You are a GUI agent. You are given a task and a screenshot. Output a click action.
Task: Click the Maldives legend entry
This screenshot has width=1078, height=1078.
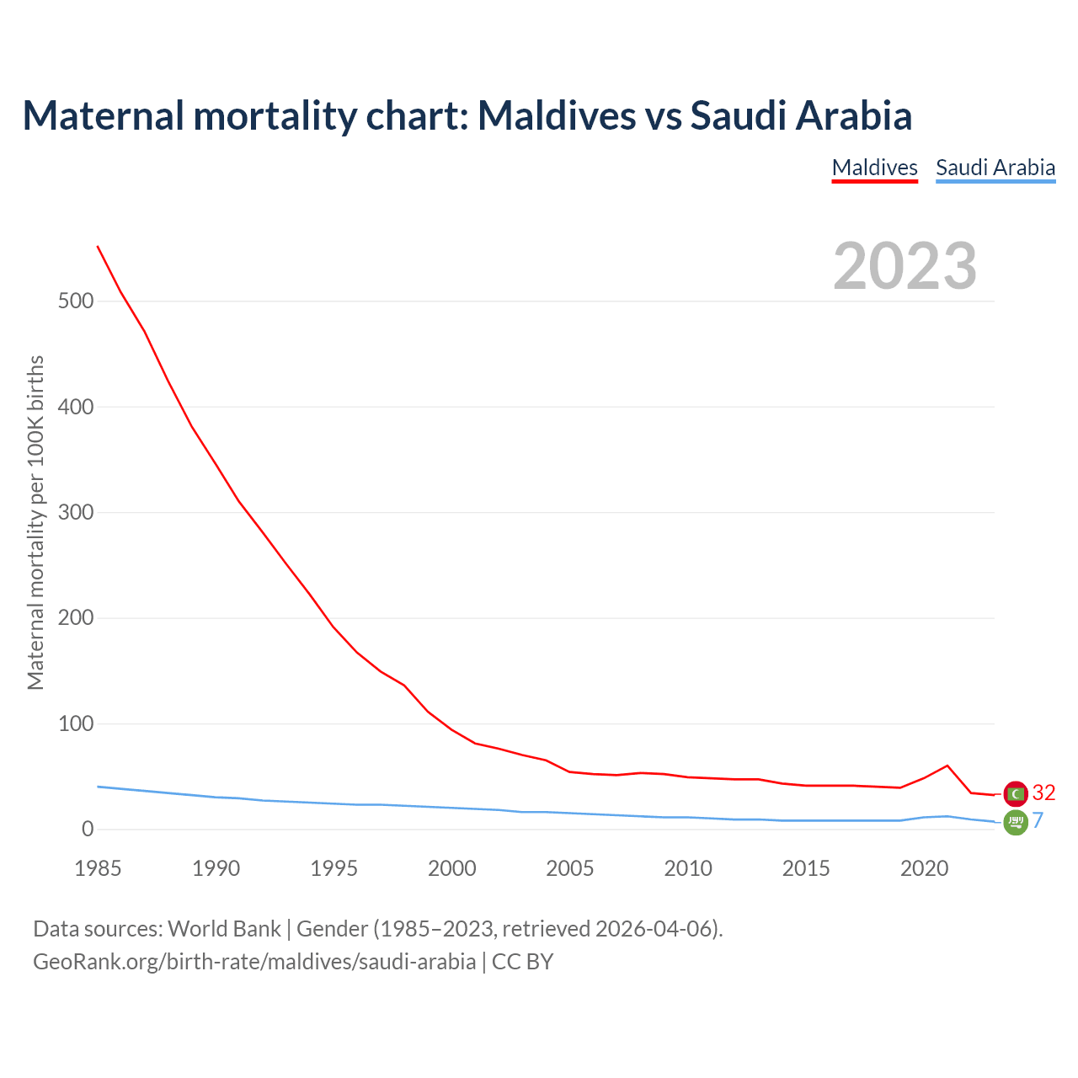tap(874, 168)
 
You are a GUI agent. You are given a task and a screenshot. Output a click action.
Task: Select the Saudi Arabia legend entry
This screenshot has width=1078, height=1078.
tap(995, 168)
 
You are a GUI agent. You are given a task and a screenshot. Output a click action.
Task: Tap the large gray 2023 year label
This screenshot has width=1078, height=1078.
tap(905, 266)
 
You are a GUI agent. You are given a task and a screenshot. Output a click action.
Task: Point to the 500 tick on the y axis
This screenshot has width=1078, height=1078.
tap(76, 302)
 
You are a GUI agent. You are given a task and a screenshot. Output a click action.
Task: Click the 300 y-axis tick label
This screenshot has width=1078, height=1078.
tap(76, 513)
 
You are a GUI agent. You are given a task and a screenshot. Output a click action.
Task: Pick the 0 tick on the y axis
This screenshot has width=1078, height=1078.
tap(88, 830)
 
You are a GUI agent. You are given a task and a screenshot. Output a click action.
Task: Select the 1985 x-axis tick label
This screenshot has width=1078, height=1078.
tap(98, 868)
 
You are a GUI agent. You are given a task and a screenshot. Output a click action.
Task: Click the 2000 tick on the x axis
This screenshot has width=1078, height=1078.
tap(452, 868)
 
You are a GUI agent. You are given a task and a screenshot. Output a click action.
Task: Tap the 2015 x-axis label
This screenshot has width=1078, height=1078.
tap(806, 868)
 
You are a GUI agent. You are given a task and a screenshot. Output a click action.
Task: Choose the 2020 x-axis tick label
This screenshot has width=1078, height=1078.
tap(924, 868)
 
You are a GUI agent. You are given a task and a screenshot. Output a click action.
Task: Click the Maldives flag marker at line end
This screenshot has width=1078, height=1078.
tap(1016, 793)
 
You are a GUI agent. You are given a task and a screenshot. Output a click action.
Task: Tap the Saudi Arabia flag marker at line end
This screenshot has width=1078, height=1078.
tap(1016, 822)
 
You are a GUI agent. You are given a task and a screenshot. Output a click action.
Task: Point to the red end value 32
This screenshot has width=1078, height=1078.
tap(1043, 793)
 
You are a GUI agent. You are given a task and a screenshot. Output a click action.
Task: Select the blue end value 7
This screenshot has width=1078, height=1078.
tap(1038, 820)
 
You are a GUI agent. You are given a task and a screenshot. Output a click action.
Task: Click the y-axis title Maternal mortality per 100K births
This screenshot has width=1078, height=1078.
tap(35, 522)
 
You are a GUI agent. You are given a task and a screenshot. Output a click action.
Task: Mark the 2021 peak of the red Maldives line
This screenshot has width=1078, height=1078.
tap(947, 766)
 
